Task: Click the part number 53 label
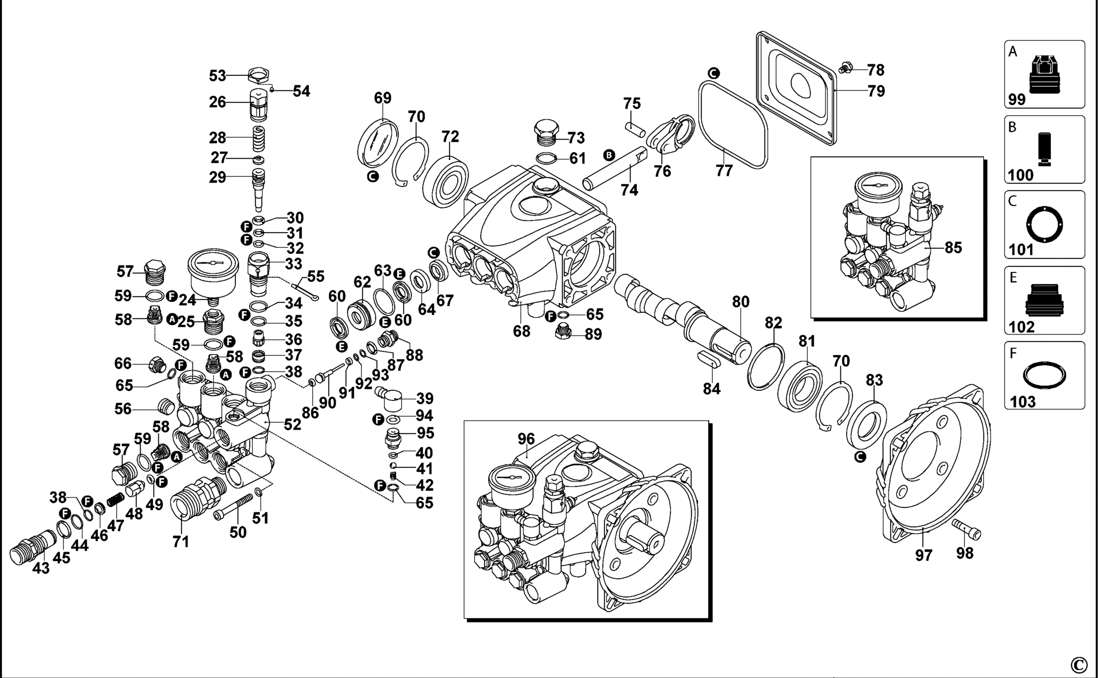(x=217, y=76)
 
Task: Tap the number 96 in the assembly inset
(x=526, y=439)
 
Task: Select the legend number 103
(x=1023, y=401)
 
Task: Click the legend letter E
(x=1013, y=278)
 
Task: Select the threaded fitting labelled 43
(x=33, y=547)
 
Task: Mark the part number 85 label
(x=954, y=247)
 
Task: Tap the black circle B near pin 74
(x=609, y=155)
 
